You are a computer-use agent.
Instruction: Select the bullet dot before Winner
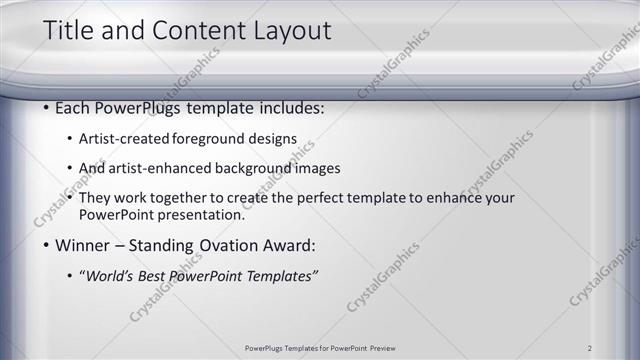pos(47,245)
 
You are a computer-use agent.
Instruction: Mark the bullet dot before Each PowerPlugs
pos(47,107)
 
